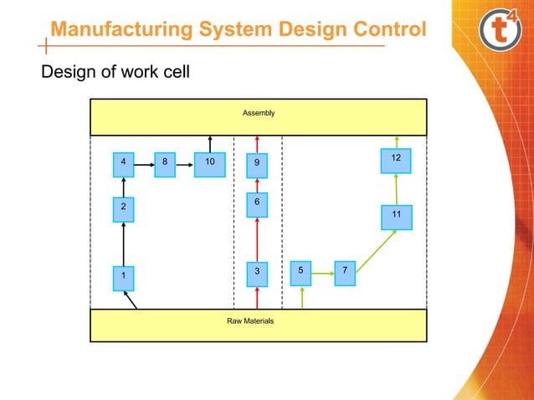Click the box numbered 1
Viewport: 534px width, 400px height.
click(x=123, y=275)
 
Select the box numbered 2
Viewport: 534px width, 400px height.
click(x=123, y=207)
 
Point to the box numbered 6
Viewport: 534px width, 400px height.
click(x=258, y=203)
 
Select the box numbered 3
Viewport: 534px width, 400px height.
click(x=258, y=272)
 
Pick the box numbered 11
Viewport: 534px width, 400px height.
click(x=396, y=216)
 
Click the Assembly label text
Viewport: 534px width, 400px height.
click(x=258, y=112)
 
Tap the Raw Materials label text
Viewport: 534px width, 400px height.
click(x=250, y=321)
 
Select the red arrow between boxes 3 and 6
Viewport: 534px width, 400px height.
click(x=258, y=238)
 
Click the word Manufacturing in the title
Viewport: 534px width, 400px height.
click(x=121, y=29)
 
